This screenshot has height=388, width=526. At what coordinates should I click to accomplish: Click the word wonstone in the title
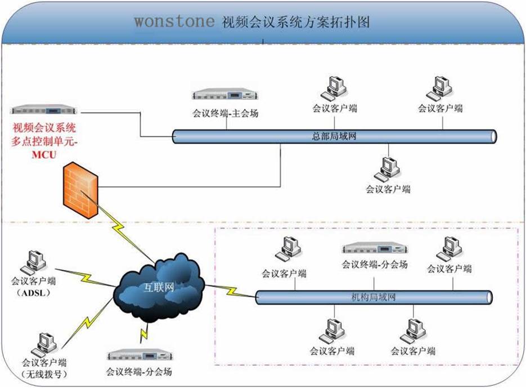(174, 21)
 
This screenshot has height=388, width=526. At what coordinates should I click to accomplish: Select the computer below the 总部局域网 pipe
(388, 168)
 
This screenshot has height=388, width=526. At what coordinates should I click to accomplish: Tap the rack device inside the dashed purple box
(374, 248)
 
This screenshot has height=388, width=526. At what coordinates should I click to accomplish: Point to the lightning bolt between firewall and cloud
(121, 228)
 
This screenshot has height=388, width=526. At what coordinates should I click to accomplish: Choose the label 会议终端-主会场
(226, 113)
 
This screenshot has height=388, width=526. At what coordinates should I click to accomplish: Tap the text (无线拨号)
(44, 374)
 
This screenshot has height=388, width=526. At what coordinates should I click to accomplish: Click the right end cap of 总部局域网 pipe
(493, 136)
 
